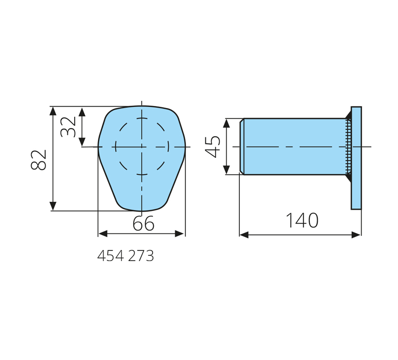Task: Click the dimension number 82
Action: point(39,159)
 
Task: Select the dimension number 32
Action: point(68,127)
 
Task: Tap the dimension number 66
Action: point(143,223)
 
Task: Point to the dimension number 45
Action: point(213,147)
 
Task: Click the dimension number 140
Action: point(302,220)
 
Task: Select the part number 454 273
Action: point(125,256)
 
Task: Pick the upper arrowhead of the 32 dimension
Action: point(82,112)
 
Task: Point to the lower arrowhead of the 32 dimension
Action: point(82,141)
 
